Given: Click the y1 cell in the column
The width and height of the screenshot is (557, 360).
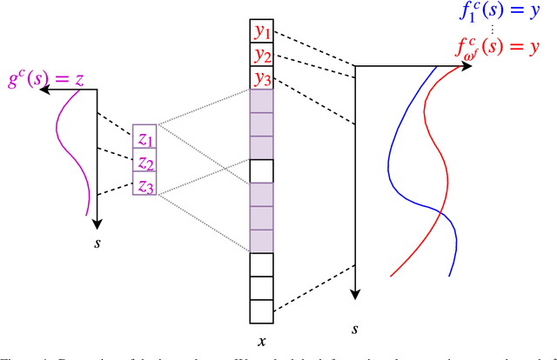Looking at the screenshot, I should [x=261, y=32].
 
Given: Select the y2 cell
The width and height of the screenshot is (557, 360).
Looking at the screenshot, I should [x=261, y=56].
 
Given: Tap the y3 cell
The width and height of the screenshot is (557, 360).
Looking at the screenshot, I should [x=261, y=78].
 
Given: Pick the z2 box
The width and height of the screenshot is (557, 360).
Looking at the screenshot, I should [x=144, y=161].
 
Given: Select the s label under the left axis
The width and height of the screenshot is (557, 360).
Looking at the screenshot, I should [x=97, y=242].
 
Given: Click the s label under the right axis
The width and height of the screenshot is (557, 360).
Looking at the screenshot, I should [x=355, y=330].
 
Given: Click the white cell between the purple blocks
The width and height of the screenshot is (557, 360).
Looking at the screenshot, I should [x=262, y=170].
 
